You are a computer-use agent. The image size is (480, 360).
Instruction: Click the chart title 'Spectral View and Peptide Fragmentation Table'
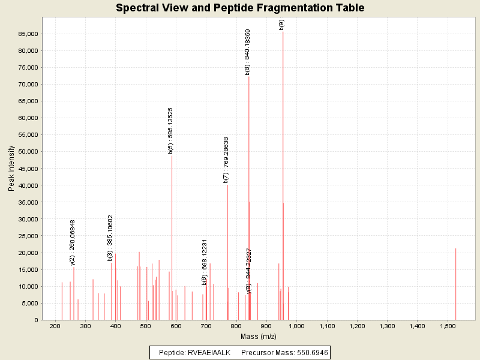click(x=240, y=8)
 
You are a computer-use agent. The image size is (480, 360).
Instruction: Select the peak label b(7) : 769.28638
click(x=226, y=160)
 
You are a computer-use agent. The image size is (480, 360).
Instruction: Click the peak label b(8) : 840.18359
click(x=248, y=52)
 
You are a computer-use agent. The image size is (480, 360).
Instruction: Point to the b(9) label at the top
click(x=282, y=24)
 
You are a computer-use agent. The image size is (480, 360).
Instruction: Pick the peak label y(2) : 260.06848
click(x=73, y=242)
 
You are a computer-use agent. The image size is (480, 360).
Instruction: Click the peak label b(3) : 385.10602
click(x=110, y=238)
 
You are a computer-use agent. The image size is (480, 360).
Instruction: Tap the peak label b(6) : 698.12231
click(x=205, y=262)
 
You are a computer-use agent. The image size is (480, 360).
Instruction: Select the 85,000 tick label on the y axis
click(x=28, y=34)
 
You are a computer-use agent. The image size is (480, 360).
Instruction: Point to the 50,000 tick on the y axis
click(x=28, y=152)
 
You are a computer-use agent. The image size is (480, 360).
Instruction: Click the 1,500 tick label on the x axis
click(x=448, y=326)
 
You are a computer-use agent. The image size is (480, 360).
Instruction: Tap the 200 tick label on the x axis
click(x=55, y=326)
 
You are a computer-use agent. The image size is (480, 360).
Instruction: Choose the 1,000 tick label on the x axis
click(x=296, y=326)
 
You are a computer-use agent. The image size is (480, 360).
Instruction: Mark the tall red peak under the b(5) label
click(x=172, y=240)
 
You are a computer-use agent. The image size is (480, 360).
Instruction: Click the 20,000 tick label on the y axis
click(x=28, y=253)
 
